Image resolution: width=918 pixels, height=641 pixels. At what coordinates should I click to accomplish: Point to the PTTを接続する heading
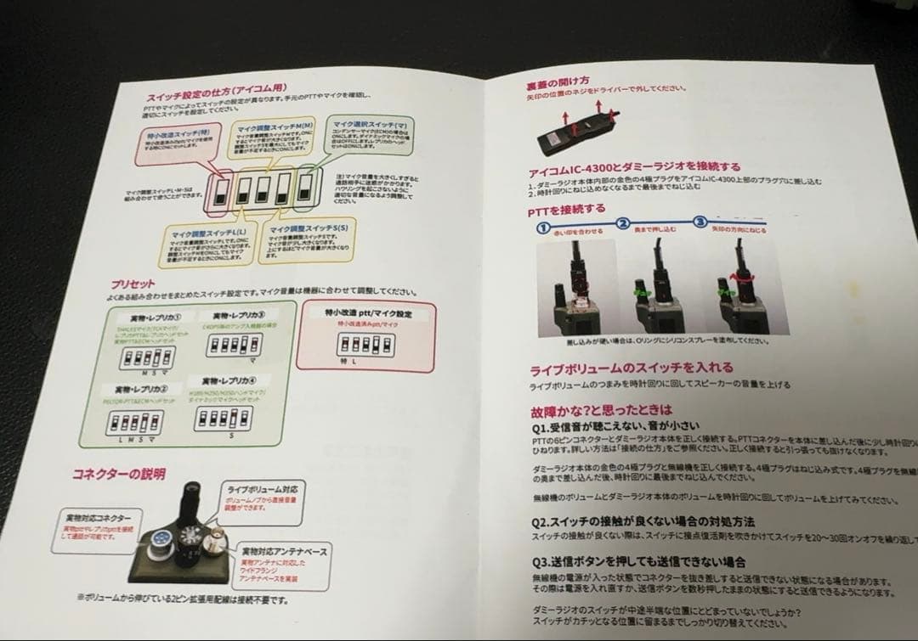pos(567,209)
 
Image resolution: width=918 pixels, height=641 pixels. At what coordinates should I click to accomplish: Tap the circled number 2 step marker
pos(622,224)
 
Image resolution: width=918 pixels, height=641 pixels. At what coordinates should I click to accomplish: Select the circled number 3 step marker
pos(700,222)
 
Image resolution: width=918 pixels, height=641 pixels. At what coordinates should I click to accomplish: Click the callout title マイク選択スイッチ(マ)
pos(369,124)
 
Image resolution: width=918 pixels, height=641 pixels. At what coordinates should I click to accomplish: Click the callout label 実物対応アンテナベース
pos(283,552)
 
